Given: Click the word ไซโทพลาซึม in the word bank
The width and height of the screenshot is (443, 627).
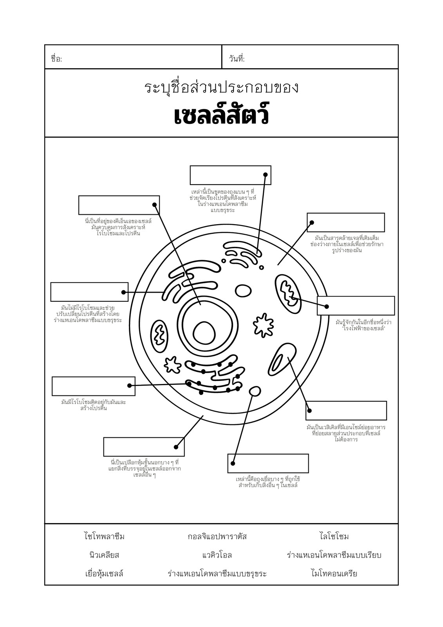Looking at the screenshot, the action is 104,536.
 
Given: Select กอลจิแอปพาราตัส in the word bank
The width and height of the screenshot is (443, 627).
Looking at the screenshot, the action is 217,536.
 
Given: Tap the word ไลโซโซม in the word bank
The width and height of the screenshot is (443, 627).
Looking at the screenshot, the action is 334,536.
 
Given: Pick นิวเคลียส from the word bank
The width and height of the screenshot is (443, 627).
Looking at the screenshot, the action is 104,555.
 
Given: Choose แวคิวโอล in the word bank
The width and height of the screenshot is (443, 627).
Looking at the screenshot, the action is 217,555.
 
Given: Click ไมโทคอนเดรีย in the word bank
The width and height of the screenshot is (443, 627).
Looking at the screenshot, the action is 334,574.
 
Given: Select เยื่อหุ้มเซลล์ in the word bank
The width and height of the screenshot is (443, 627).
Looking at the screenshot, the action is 104,574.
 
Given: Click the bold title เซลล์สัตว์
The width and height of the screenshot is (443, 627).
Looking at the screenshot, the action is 221,114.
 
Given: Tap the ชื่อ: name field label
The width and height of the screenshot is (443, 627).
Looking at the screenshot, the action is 56,59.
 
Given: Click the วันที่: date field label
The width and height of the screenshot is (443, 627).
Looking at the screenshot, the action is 237,59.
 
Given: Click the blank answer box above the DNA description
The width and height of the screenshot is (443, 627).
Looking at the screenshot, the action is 119,205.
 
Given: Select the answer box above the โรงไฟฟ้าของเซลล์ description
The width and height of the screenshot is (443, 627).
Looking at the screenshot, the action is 356,305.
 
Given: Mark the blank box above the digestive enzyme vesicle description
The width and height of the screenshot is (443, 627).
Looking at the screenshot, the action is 346,411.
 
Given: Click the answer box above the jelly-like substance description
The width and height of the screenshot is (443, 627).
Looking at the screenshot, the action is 345,223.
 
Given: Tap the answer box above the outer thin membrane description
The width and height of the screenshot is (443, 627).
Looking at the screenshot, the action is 144,447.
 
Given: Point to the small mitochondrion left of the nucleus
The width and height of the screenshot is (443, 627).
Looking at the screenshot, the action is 159,335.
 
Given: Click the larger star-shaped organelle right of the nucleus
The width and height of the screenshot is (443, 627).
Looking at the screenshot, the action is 263,325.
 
